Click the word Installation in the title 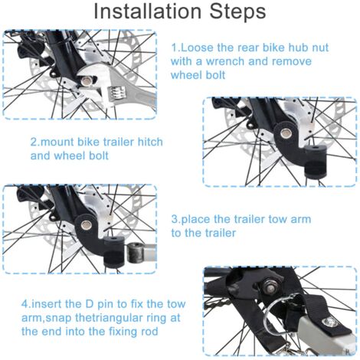point(148,11)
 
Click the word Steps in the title point(238,11)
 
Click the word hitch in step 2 point(150,142)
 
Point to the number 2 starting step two point(34,142)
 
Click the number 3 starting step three point(175,219)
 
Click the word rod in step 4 point(150,332)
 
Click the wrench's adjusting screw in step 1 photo point(116,93)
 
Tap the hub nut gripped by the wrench point(87,81)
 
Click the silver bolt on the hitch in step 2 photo point(285,133)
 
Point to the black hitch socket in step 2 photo point(316,162)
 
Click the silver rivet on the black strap point(330,321)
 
